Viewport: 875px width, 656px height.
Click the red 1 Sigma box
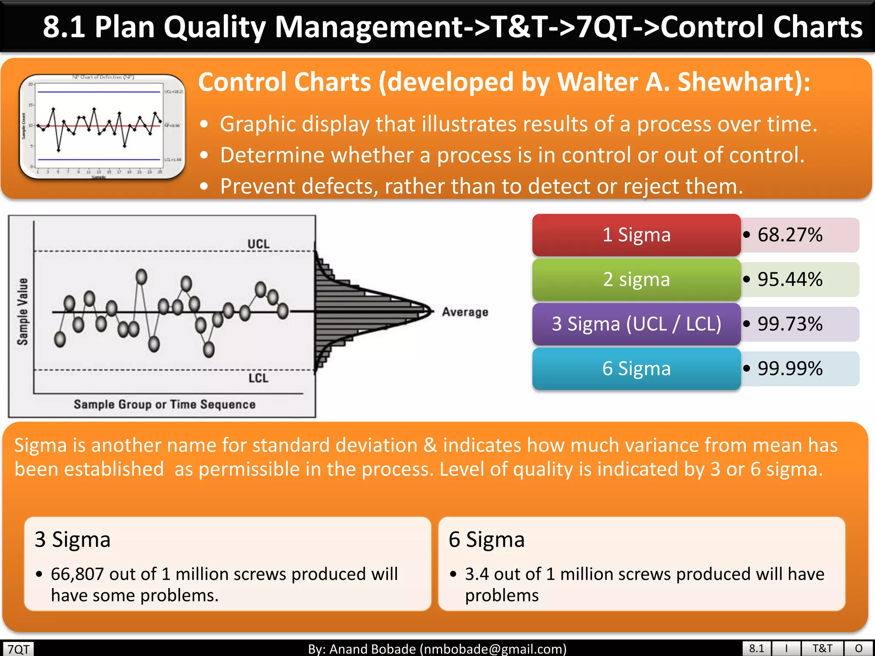pos(636,235)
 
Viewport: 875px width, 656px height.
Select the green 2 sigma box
pos(636,279)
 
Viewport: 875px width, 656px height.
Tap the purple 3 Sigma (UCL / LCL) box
pos(636,324)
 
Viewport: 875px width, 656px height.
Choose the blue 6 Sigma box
pos(636,369)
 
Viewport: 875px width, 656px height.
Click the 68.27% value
pos(790,235)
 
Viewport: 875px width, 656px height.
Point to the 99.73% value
pos(790,324)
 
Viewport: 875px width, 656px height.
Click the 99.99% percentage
pos(790,369)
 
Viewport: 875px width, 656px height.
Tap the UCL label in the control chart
pos(258,244)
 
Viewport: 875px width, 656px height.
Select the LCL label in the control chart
pos(258,378)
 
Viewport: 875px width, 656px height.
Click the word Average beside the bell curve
pos(465,312)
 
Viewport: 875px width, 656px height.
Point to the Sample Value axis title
pos(23,311)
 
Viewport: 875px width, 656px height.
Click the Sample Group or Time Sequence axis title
pos(164,404)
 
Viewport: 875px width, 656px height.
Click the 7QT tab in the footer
pos(18,649)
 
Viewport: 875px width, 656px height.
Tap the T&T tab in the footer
pos(822,648)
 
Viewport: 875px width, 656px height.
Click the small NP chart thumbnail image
pos(102,127)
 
